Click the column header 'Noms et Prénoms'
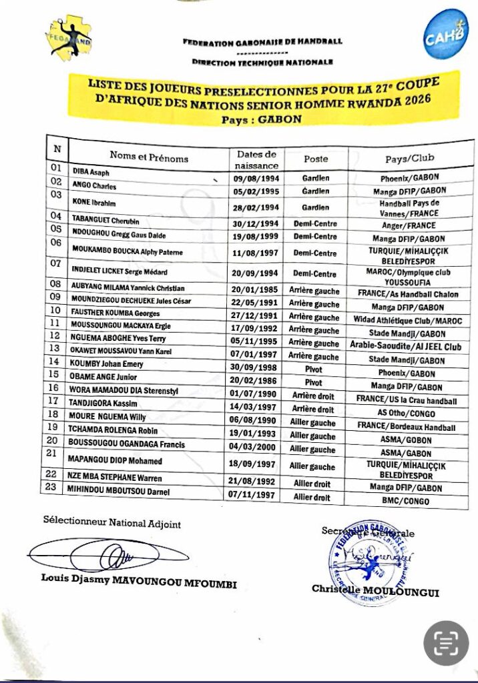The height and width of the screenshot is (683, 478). [149, 157]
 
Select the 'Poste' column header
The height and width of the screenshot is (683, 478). [316, 159]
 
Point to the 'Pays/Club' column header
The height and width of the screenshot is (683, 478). [409, 159]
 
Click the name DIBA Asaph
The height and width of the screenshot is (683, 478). [91, 172]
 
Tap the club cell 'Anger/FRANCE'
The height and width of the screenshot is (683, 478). [407, 225]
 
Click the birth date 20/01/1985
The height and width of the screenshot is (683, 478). [255, 289]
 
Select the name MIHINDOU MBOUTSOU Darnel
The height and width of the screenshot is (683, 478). [120, 492]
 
